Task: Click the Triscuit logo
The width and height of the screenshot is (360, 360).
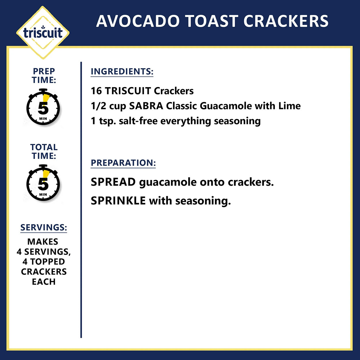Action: point(43,33)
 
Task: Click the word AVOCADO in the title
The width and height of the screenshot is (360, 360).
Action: point(138,21)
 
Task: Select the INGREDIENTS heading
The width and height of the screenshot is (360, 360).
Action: point(122,71)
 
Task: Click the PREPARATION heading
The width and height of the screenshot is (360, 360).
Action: point(123,163)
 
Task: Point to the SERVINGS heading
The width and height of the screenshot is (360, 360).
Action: point(43,228)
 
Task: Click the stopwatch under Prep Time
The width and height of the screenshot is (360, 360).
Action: point(43,107)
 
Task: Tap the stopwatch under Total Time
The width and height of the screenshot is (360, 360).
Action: point(43,183)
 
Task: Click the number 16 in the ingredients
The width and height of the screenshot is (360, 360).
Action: point(96,91)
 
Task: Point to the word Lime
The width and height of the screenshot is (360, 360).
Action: point(289,106)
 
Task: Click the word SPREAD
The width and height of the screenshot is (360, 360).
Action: point(113,182)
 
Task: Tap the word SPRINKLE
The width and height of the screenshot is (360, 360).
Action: point(118,201)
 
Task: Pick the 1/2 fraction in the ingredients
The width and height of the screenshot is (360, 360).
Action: point(98,106)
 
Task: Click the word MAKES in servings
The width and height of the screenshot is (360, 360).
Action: point(43,242)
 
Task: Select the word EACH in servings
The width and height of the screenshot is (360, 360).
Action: point(43,282)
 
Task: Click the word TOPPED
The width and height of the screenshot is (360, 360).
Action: point(48,262)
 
